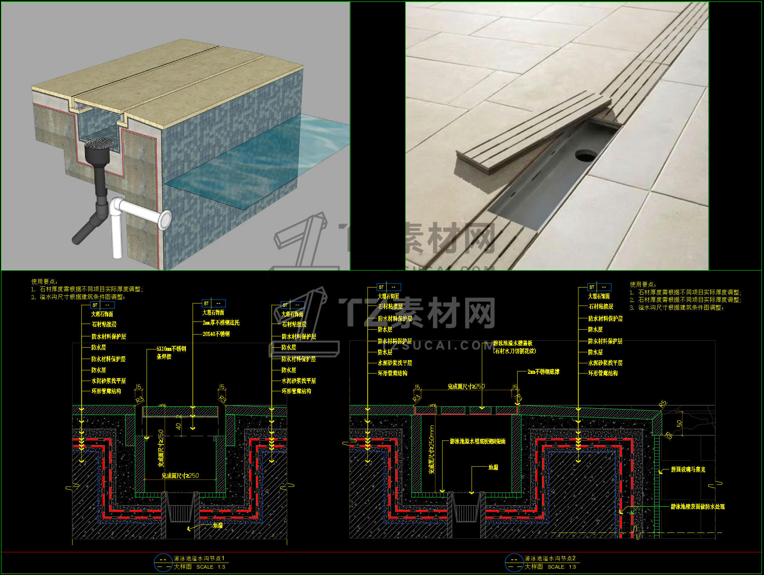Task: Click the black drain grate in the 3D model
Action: (100, 143)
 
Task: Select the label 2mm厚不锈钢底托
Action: (221, 323)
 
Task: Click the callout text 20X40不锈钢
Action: (216, 334)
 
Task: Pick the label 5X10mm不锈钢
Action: (171, 349)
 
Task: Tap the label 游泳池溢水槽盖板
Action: (513, 343)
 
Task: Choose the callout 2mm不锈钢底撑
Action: (543, 372)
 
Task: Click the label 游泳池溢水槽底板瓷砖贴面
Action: (477, 441)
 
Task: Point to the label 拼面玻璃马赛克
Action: (688, 469)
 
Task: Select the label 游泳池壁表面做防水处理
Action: (697, 507)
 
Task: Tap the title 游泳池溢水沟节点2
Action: (550, 558)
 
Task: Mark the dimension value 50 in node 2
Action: (679, 424)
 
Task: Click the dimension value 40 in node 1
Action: (178, 426)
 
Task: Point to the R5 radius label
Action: (662, 404)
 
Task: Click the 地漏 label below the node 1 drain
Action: (218, 526)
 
